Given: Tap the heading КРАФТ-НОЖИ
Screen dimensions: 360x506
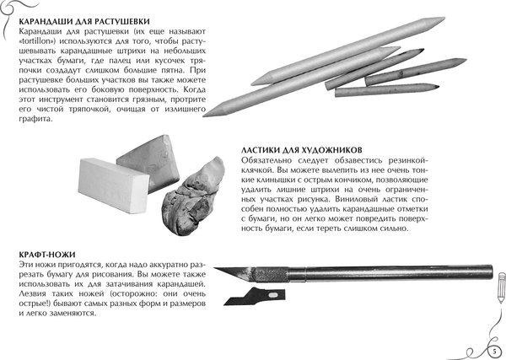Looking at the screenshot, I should (40, 253).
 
